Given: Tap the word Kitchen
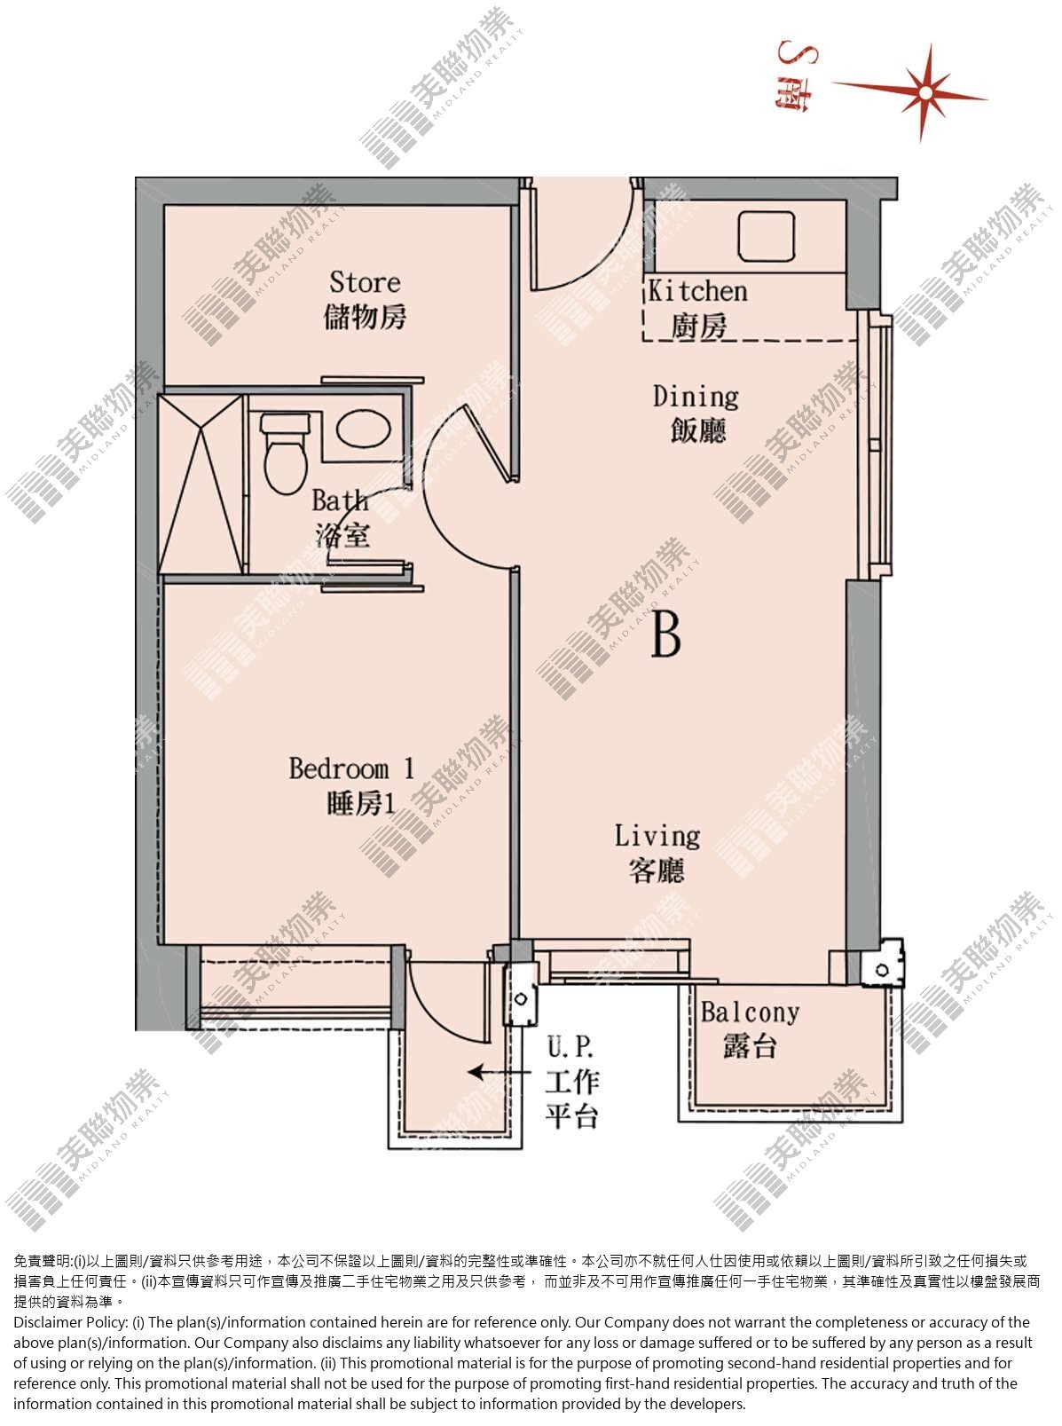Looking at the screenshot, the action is click(x=697, y=291).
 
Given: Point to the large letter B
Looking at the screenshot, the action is click(x=665, y=634).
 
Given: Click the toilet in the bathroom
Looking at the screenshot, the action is click(x=285, y=453).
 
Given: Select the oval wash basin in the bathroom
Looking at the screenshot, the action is click(x=363, y=429).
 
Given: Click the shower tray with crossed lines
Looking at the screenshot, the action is click(x=201, y=485).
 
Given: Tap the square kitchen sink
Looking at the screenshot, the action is click(x=767, y=236).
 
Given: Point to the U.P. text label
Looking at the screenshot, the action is click(x=570, y=1047).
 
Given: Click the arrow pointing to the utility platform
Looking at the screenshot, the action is click(x=499, y=1073).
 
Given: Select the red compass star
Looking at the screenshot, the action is click(x=923, y=92).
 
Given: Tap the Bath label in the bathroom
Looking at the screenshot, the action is click(x=340, y=500).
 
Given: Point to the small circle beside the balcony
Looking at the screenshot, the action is click(x=883, y=970).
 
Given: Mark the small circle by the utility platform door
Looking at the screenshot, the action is click(x=521, y=999).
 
